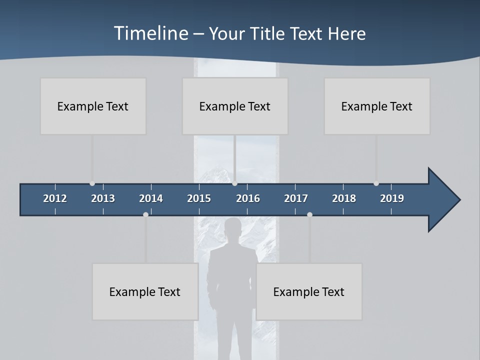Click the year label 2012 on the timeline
click(x=55, y=198)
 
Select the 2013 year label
click(x=103, y=198)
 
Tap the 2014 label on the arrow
click(x=151, y=198)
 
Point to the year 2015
click(x=199, y=198)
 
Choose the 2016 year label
click(x=248, y=198)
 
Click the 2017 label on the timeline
click(x=296, y=198)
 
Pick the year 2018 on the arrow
click(x=344, y=198)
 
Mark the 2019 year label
click(x=392, y=198)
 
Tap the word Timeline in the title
click(x=150, y=33)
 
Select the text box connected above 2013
click(x=93, y=106)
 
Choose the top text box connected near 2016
click(x=235, y=106)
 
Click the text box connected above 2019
click(x=377, y=106)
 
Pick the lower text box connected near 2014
click(x=145, y=291)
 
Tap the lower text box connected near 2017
click(x=309, y=291)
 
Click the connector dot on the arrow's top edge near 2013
click(x=92, y=183)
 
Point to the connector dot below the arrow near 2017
click(x=309, y=214)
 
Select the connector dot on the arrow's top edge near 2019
click(x=376, y=183)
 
